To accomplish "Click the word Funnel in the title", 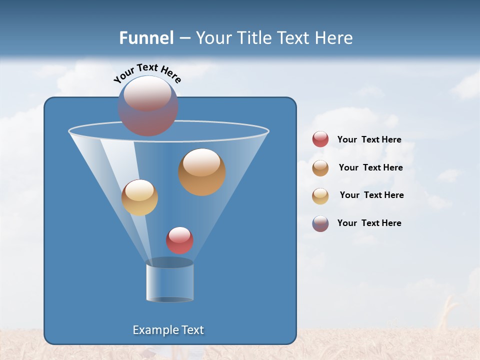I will click(x=146, y=38).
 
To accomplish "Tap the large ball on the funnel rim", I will click(x=148, y=106).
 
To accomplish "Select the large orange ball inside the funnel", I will click(x=201, y=172).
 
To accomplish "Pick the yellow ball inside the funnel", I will click(x=139, y=197).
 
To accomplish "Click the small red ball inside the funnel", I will click(x=179, y=240).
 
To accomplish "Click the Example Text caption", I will click(x=168, y=330).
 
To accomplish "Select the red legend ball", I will click(x=320, y=139).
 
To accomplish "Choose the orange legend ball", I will click(x=320, y=167).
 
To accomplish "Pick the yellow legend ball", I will click(x=320, y=195).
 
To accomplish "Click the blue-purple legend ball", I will click(x=320, y=223).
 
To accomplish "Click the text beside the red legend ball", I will click(x=369, y=139).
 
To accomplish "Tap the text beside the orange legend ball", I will click(x=370, y=167).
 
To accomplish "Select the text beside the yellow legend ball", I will click(x=371, y=195).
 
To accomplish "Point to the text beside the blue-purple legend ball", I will click(x=369, y=223).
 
